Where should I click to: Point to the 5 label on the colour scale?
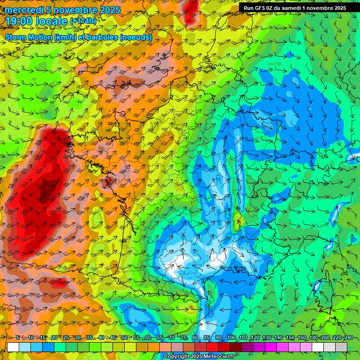[17, 338]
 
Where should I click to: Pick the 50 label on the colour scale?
[124, 338]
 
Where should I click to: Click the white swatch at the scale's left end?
[13, 347]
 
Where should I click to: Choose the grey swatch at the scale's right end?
[341, 347]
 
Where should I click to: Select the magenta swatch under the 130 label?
[271, 347]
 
